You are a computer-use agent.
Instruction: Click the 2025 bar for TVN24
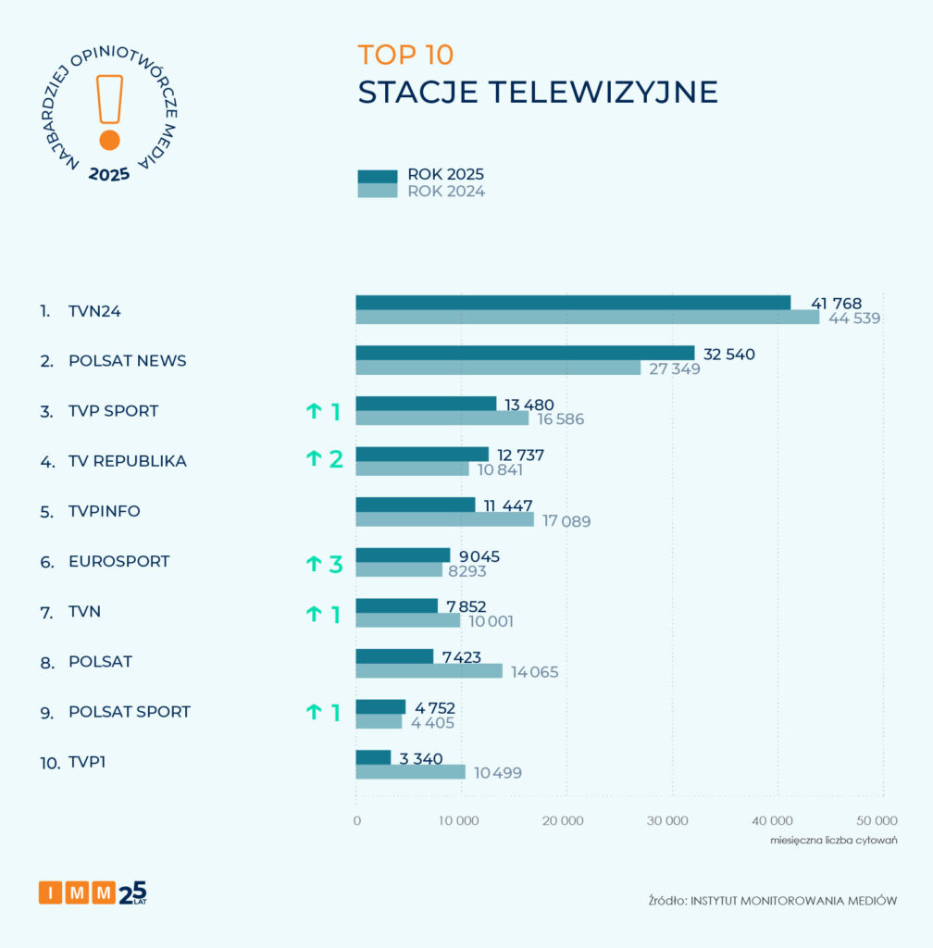573,303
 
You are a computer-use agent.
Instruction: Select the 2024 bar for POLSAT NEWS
498,368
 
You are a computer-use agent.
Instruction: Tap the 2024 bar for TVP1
411,772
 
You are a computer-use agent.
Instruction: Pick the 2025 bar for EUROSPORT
403,555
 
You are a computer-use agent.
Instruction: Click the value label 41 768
836,304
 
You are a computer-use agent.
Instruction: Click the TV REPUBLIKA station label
127,461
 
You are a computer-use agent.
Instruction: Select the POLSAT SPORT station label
129,712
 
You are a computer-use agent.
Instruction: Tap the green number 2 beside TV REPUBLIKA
336,459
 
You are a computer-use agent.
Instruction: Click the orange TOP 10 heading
405,55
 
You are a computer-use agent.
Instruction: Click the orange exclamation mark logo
109,111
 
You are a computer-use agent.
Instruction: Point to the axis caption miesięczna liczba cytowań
834,841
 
